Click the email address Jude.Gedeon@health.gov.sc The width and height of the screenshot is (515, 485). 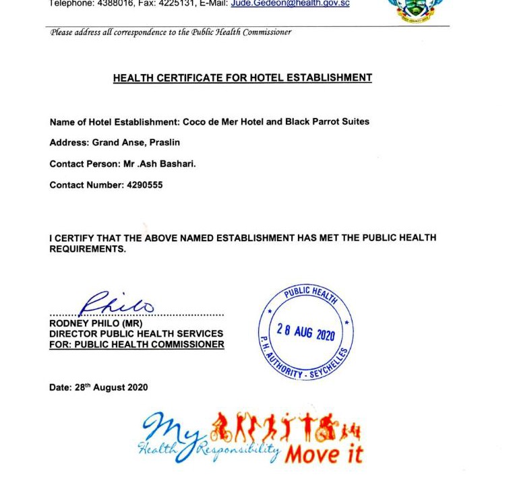tap(290, 3)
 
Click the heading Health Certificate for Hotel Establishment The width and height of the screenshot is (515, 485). tap(242, 78)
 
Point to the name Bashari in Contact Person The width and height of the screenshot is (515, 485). tap(177, 164)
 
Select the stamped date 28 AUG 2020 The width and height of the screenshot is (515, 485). tap(306, 331)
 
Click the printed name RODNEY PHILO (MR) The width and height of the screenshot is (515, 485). tap(96, 323)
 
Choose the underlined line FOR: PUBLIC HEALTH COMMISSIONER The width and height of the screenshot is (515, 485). tap(137, 345)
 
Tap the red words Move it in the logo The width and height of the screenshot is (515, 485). tap(324, 454)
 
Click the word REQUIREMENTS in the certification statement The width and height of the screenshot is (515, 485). tap(87, 249)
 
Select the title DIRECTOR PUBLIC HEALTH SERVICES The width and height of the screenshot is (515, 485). tap(136, 334)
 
